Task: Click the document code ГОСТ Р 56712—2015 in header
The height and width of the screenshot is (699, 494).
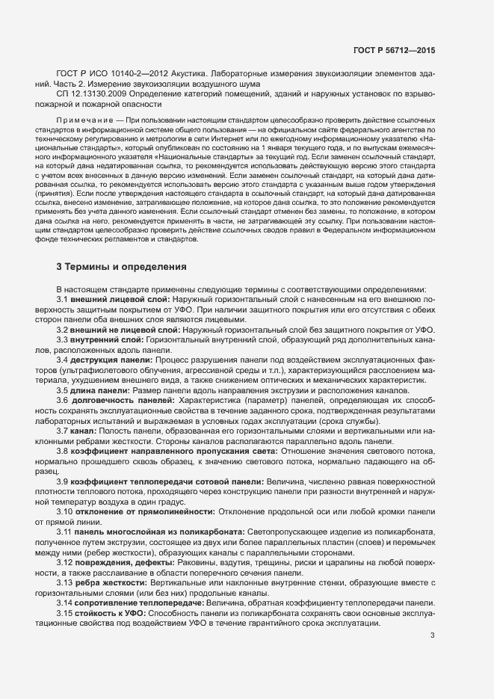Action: [395, 51]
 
